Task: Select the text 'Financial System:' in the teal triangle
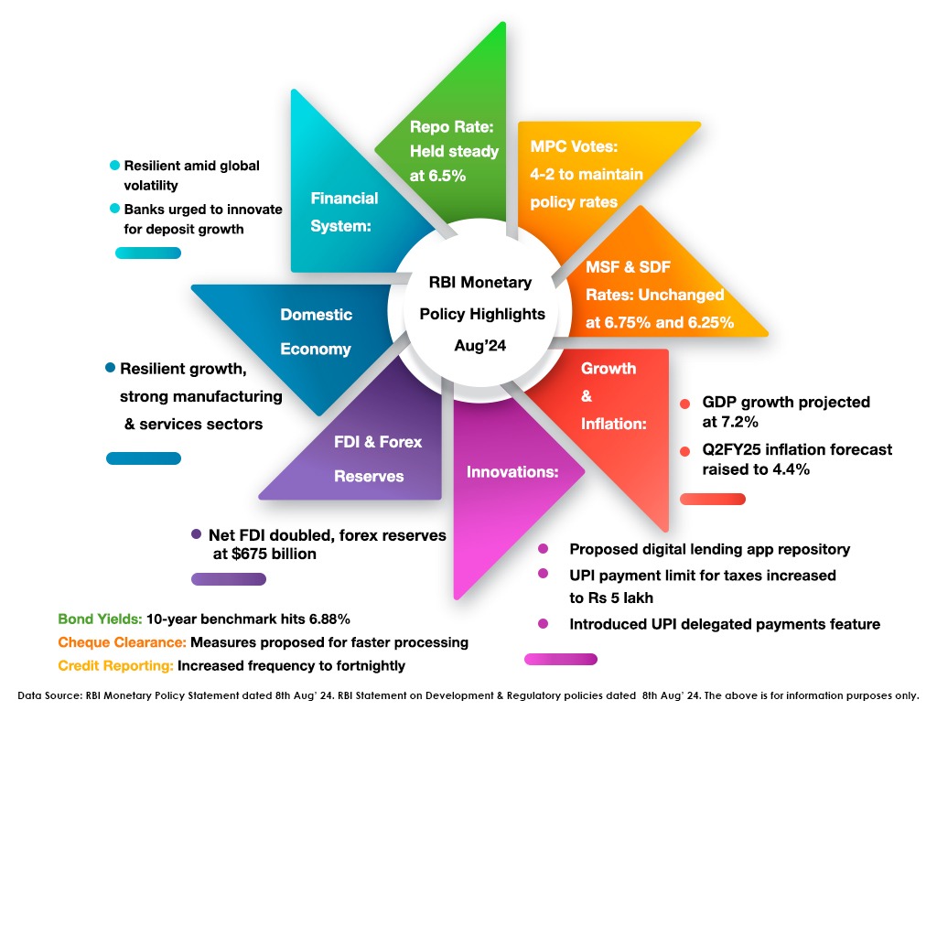pyautogui.click(x=344, y=212)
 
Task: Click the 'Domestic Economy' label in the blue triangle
pyautogui.click(x=316, y=331)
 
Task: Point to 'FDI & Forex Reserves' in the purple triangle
pyautogui.click(x=377, y=458)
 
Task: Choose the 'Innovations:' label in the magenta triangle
pyautogui.click(x=512, y=472)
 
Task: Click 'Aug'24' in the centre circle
pyautogui.click(x=481, y=345)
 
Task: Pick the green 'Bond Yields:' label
pyautogui.click(x=100, y=619)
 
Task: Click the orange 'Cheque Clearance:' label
pyautogui.click(x=122, y=642)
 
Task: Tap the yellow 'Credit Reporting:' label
pyautogui.click(x=115, y=666)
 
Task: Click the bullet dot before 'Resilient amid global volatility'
pyautogui.click(x=114, y=166)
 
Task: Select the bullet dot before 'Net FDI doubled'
pyautogui.click(x=196, y=534)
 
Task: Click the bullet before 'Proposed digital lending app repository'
pyautogui.click(x=544, y=549)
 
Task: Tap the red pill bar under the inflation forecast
pyautogui.click(x=712, y=499)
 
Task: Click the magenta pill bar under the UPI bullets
pyautogui.click(x=560, y=659)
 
